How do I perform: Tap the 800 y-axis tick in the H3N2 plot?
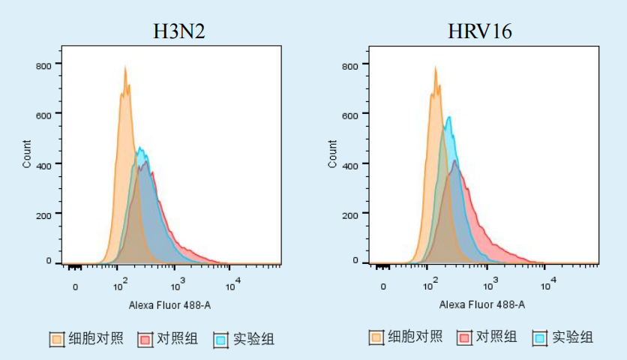[44, 65]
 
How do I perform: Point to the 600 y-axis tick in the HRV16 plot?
[350, 115]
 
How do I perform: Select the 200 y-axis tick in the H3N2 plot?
[44, 214]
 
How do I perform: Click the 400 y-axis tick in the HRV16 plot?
[350, 163]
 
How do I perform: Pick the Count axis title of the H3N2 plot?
[28, 154]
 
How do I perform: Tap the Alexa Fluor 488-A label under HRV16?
[481, 304]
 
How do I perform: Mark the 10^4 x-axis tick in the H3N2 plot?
[232, 285]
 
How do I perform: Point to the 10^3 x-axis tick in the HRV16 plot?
[490, 285]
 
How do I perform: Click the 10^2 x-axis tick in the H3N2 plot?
[119, 285]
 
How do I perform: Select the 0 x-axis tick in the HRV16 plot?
[383, 286]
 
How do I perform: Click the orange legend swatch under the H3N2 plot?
[57, 340]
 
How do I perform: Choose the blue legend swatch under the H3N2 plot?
[220, 340]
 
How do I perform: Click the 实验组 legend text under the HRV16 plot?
[573, 337]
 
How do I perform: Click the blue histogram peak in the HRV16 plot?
[448, 118]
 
